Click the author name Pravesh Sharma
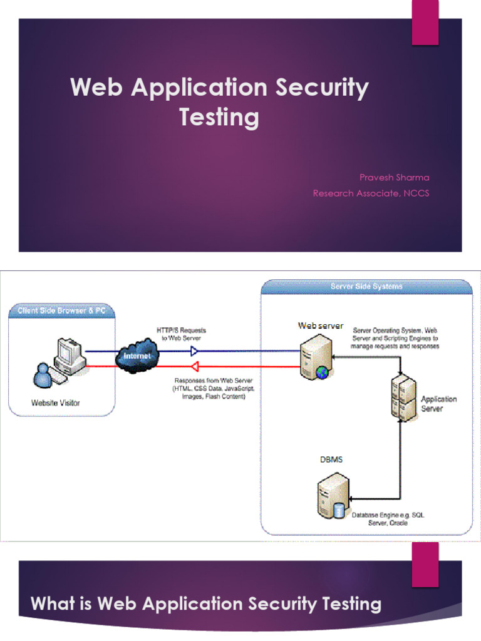click(394, 177)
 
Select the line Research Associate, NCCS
click(371, 193)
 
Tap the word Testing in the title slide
click(219, 117)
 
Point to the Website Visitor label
click(56, 403)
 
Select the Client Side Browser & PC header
click(61, 311)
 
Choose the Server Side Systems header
click(366, 287)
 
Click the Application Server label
click(438, 404)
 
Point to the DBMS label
click(331, 459)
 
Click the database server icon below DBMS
click(331, 498)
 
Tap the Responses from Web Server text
click(210, 388)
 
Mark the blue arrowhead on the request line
click(194, 352)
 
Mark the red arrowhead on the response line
click(194, 366)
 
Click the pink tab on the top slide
click(425, 23)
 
